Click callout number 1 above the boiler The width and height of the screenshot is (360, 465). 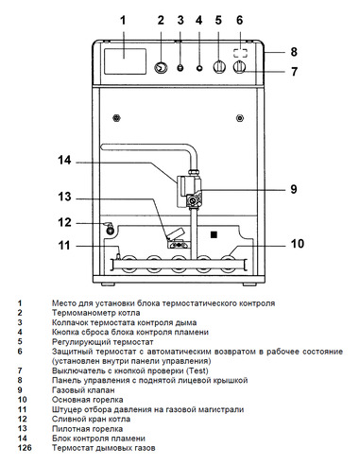coord(122,19)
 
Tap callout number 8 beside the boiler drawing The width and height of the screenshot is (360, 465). coord(294,52)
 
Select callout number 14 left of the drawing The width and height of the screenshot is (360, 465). coord(64,161)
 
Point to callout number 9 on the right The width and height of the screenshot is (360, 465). coord(294,189)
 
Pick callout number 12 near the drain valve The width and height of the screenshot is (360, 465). coord(64,223)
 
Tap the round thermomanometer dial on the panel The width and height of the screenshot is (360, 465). coord(161,68)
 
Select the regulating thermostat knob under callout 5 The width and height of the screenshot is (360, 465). coord(219,68)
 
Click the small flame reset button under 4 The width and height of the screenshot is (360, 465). coord(198,68)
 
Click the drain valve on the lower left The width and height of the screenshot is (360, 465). coord(109,226)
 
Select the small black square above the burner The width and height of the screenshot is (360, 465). coord(214,232)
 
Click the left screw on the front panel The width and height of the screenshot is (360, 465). coord(115,118)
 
